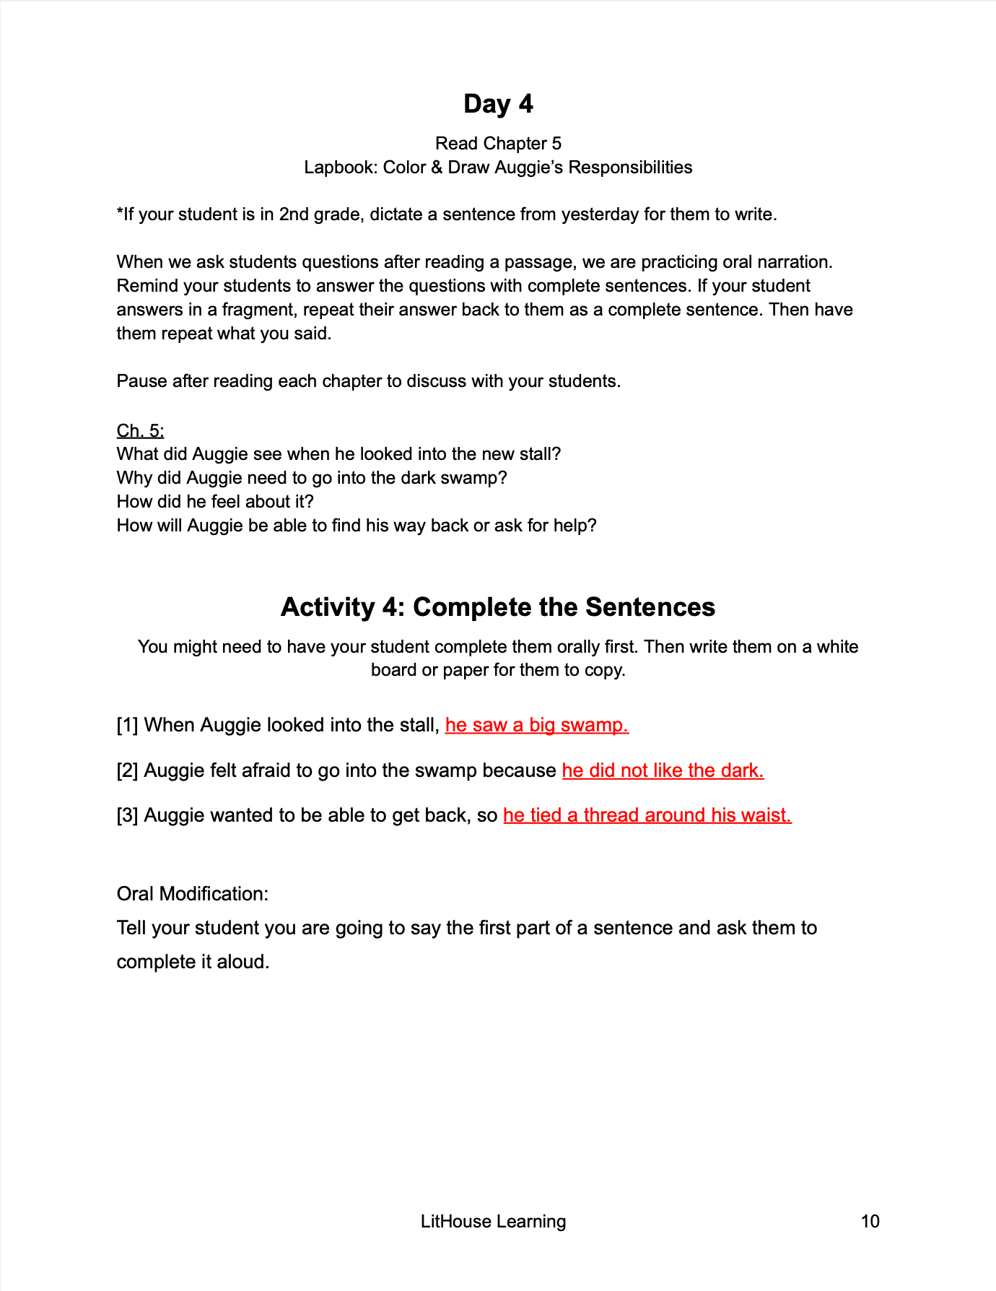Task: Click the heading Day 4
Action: [x=498, y=104]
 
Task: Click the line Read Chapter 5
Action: [x=498, y=144]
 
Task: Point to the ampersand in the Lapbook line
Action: [x=436, y=168]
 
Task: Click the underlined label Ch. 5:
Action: [x=140, y=431]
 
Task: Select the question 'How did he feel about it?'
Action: [x=215, y=502]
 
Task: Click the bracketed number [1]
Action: [x=127, y=725]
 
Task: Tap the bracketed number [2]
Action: [x=127, y=770]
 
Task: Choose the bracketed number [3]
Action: [x=127, y=815]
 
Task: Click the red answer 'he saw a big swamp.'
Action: [x=537, y=725]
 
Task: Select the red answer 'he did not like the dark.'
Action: [x=663, y=770]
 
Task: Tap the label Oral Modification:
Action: [x=192, y=894]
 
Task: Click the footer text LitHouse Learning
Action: [x=493, y=1221]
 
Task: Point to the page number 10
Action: [x=870, y=1221]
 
